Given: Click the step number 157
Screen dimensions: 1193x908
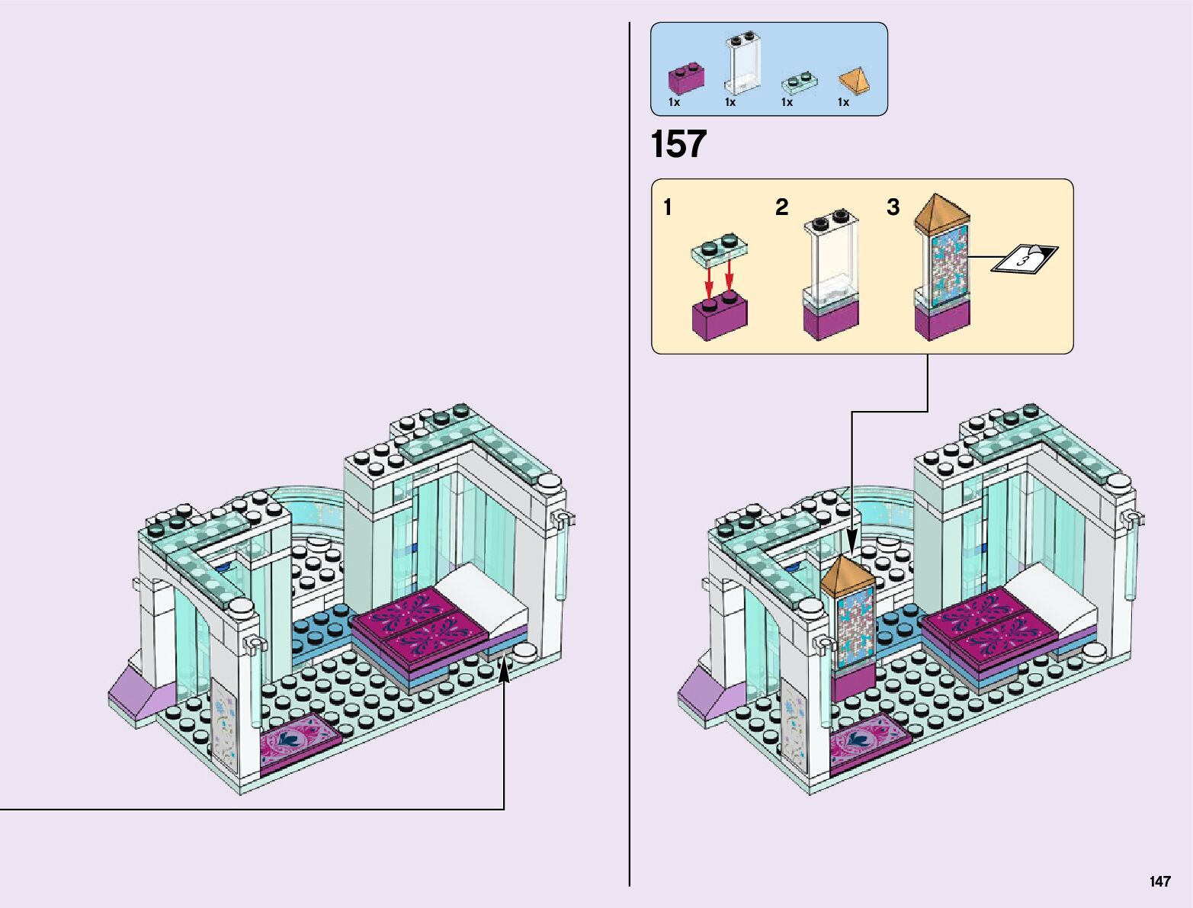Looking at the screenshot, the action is click(678, 144).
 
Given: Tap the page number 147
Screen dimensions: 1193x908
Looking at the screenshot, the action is click(1159, 881).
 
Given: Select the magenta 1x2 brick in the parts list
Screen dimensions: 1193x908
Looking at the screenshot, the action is click(686, 78).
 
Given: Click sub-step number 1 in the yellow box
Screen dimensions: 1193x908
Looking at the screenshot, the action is click(668, 207).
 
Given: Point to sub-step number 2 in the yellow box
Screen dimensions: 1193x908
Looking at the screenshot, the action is click(781, 207).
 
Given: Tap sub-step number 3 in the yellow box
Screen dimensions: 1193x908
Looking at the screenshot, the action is click(893, 207).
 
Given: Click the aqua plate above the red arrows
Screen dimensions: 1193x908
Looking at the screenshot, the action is click(720, 248).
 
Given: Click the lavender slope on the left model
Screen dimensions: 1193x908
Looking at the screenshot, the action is click(146, 694).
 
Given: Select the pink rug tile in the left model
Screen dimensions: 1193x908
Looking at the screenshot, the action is click(299, 740).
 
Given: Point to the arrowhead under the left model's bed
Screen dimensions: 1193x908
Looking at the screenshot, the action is click(504, 668).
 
